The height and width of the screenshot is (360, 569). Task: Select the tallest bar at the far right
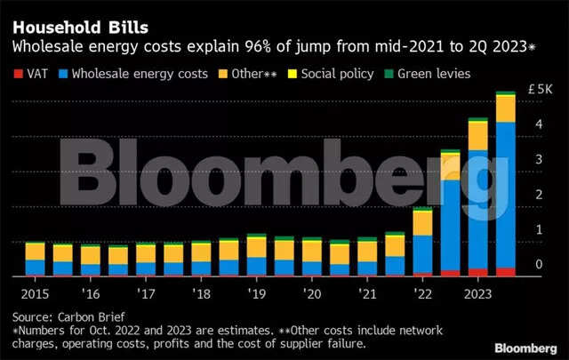(505, 187)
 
